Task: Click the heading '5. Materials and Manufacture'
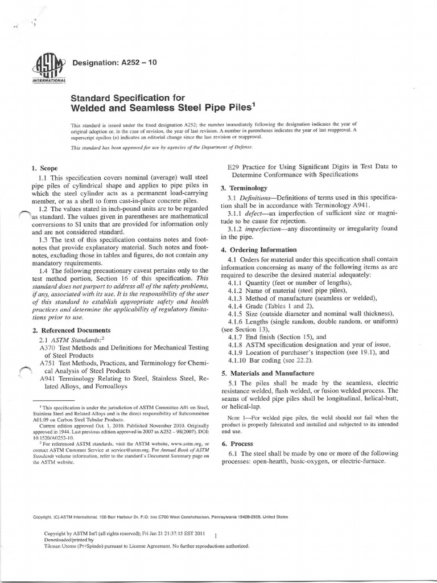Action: [x=267, y=373]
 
